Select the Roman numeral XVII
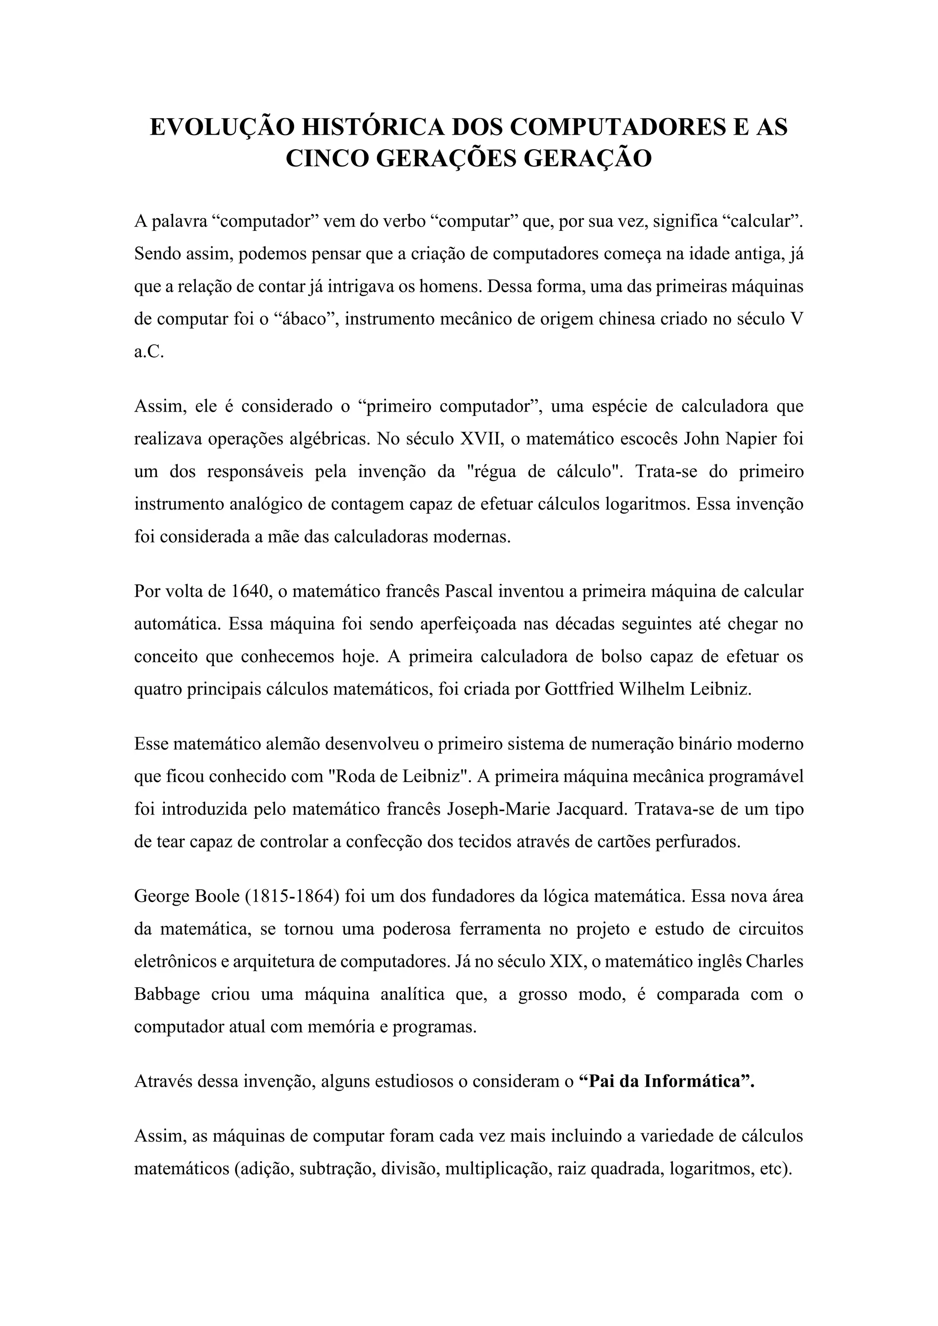tap(482, 440)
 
